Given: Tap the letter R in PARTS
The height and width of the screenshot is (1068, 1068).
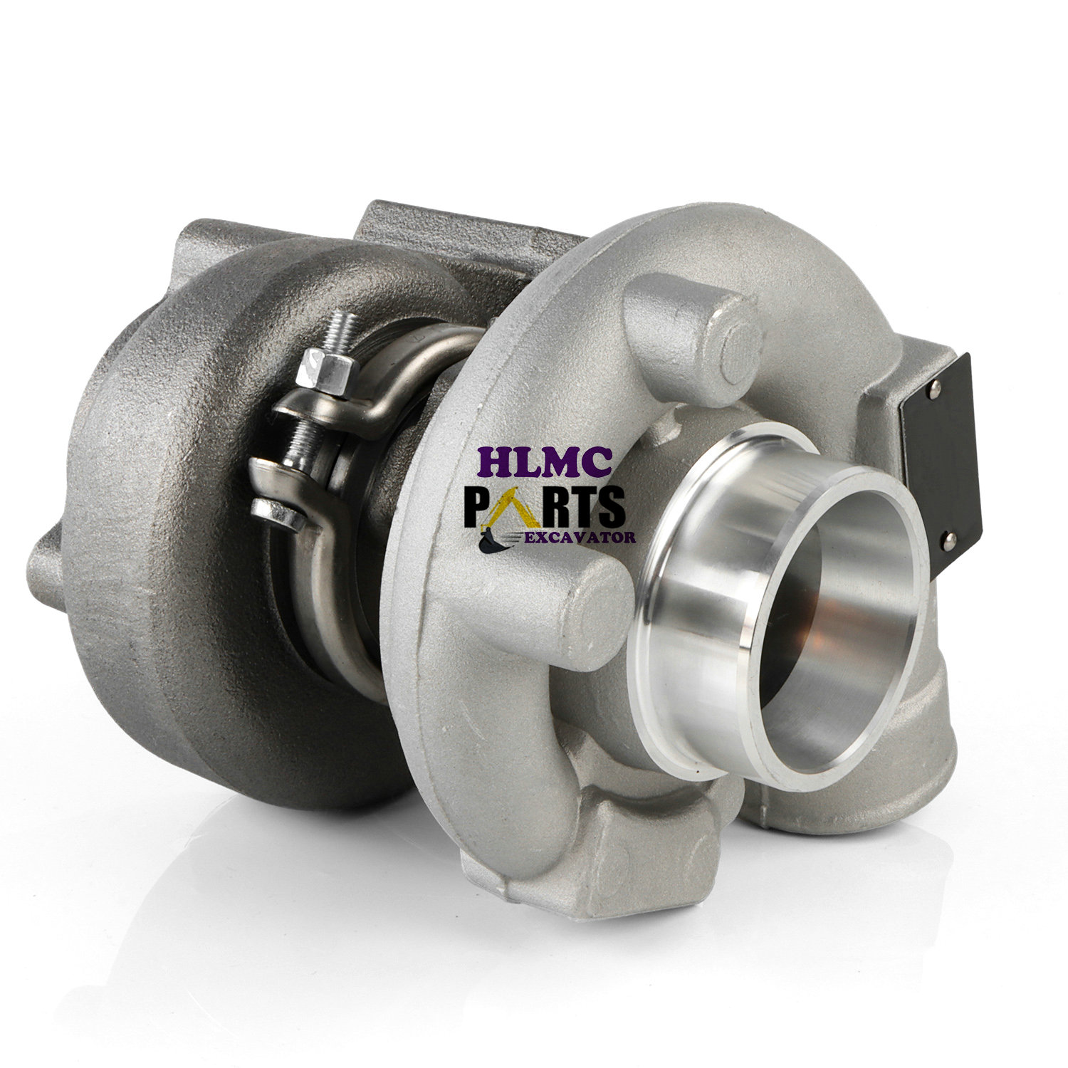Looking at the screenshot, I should click(548, 507).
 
